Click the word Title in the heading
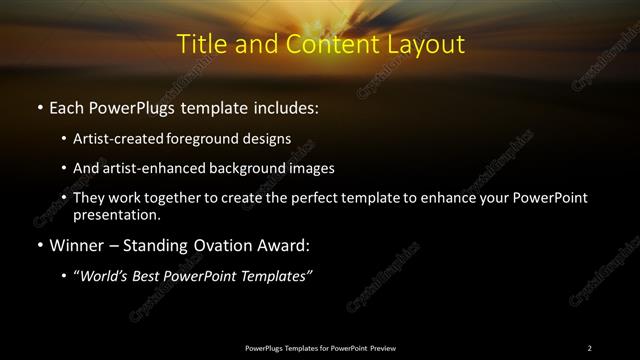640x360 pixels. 200,45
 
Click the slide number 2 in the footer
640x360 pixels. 590,347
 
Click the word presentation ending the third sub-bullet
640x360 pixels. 115,214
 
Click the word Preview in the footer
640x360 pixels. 381,347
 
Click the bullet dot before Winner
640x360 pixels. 39,242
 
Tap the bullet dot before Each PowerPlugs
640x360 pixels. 39,106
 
